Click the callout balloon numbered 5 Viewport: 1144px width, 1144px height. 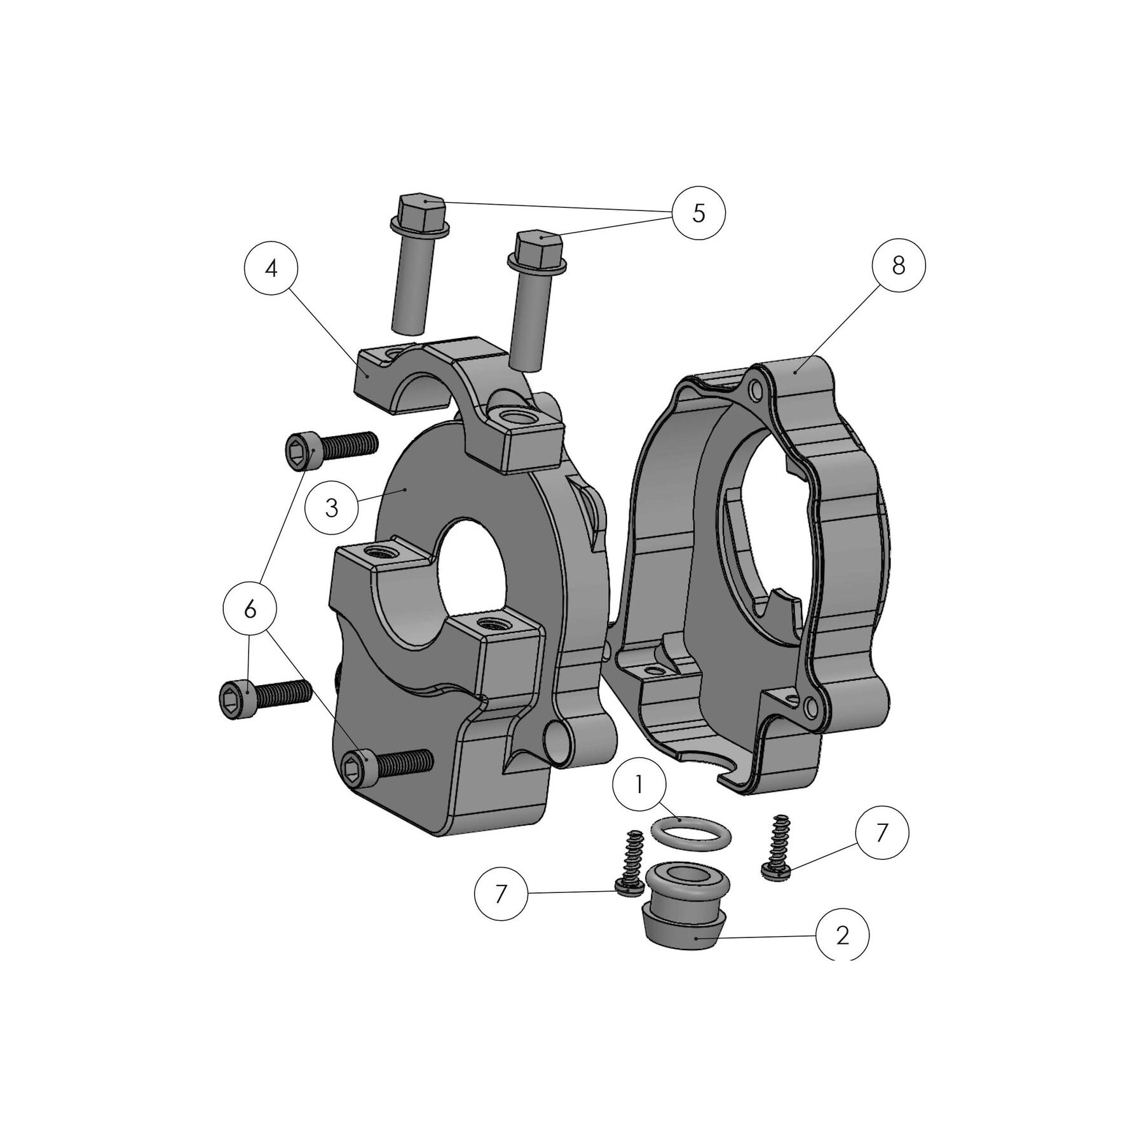point(698,214)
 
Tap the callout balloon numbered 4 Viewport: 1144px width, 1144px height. point(271,269)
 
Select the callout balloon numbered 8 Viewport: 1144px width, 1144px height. point(898,266)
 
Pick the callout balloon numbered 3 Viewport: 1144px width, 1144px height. point(332,508)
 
